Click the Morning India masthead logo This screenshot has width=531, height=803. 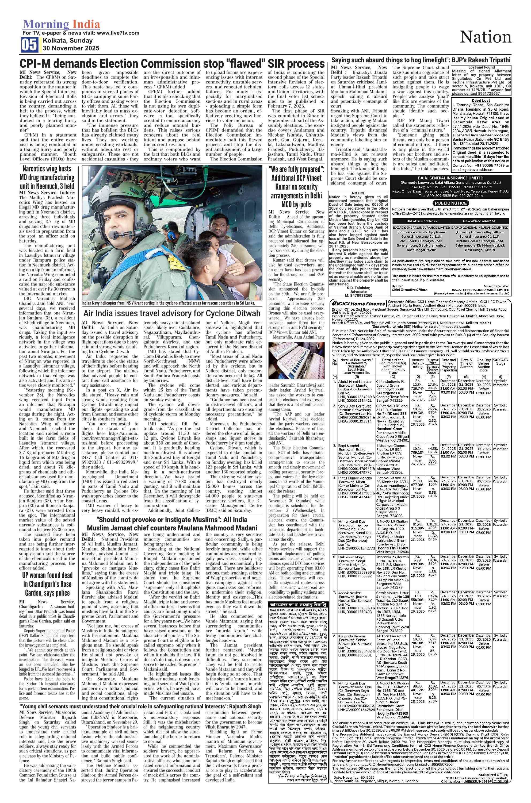[61, 24]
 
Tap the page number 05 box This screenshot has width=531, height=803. [30, 45]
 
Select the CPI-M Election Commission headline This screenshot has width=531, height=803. [172, 64]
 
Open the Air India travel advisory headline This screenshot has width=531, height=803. [172, 313]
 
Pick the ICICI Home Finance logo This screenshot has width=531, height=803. [358, 304]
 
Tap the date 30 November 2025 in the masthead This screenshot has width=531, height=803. [71, 48]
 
